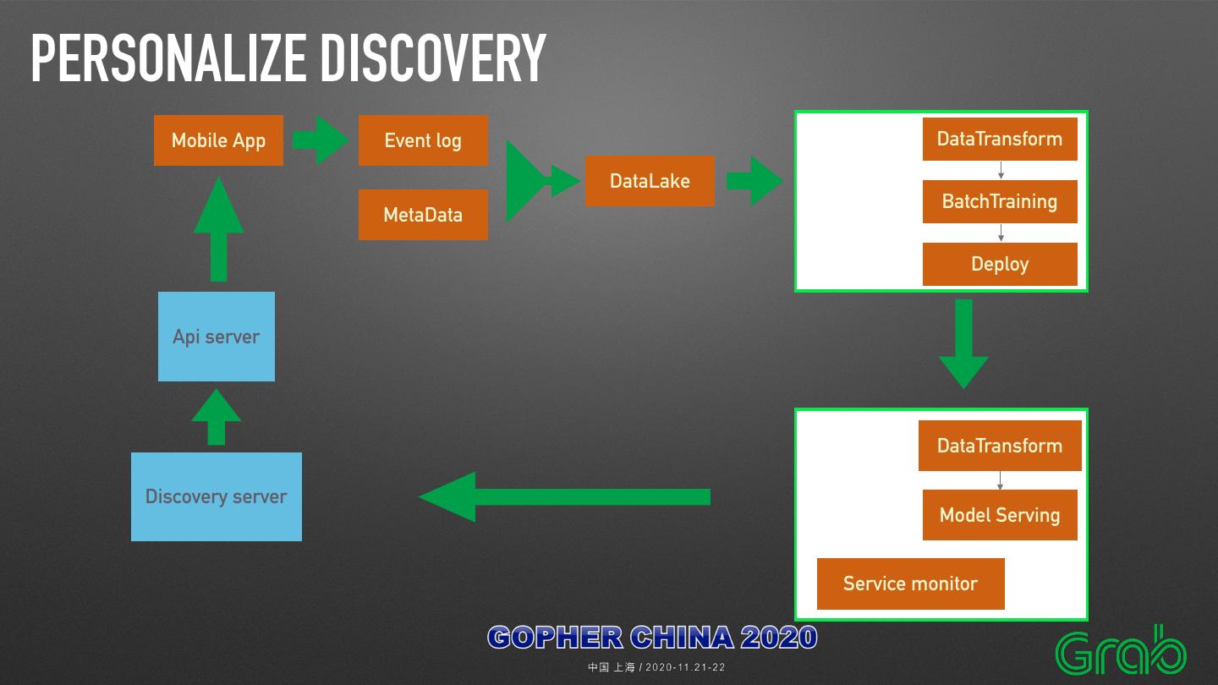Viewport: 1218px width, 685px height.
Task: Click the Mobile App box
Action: click(218, 140)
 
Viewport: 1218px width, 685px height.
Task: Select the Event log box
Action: click(423, 140)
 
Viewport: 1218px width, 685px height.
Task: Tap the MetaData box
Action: click(423, 215)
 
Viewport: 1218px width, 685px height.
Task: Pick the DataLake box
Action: click(650, 181)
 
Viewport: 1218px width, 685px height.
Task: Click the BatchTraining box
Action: click(1000, 201)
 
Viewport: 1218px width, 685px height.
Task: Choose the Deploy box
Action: click(1000, 264)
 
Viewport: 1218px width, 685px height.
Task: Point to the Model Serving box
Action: click(1000, 515)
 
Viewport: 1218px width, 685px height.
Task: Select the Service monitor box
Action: click(910, 584)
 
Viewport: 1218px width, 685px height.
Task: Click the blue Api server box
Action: click(217, 337)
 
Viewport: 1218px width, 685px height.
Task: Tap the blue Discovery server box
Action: click(217, 496)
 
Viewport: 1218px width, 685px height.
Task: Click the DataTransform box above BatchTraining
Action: click(1000, 139)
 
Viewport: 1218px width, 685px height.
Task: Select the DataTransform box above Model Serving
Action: click(1000, 446)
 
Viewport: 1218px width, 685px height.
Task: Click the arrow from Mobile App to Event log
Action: click(320, 140)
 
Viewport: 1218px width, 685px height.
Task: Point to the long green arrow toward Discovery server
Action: click(564, 496)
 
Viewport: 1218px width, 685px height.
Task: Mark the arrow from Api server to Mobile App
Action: click(218, 229)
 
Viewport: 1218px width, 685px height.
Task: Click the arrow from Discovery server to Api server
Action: click(217, 417)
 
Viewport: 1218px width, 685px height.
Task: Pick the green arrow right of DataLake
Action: click(754, 181)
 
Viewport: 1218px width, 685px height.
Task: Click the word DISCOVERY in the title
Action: click(433, 58)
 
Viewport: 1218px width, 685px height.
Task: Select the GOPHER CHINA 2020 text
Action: click(652, 637)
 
